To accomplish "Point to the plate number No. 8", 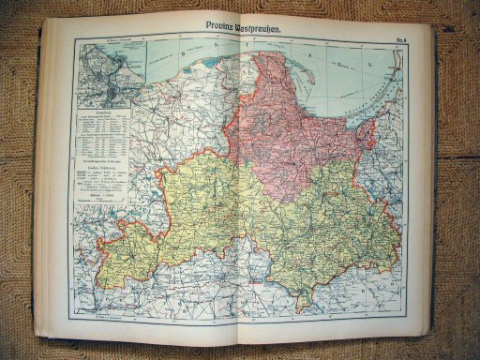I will pyautogui.click(x=399, y=36).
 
